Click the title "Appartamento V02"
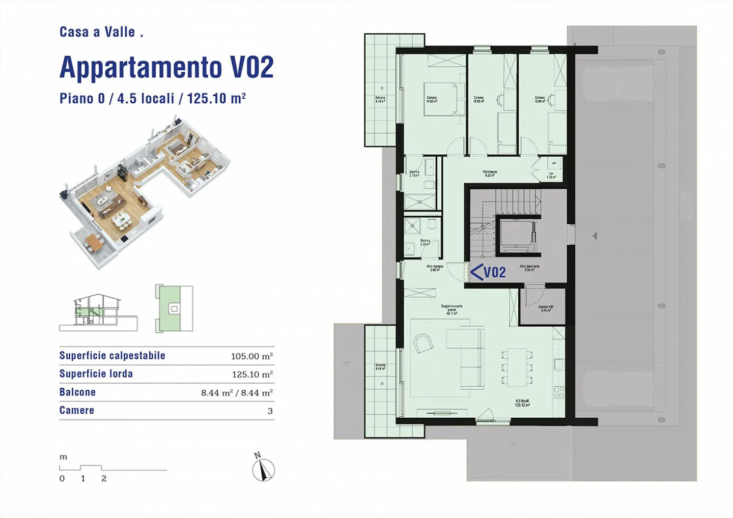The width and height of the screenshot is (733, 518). [x=166, y=67]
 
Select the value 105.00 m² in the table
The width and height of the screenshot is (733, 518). [x=251, y=356]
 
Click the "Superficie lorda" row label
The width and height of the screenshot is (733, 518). [x=96, y=374]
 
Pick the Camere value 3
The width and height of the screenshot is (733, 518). [x=270, y=411]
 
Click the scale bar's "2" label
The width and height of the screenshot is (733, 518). [x=104, y=479]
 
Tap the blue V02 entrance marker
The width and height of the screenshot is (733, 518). [x=488, y=273]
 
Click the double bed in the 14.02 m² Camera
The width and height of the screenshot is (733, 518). [x=445, y=99]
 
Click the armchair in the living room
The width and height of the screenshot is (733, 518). [x=423, y=343]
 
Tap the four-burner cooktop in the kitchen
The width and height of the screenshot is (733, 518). [x=558, y=392]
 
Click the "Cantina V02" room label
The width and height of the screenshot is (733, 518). [x=546, y=308]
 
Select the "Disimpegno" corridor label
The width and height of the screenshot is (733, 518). [x=490, y=174]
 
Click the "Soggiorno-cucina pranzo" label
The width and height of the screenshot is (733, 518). [x=452, y=309]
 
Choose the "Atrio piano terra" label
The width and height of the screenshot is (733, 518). [x=529, y=268]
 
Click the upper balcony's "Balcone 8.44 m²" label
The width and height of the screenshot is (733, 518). [x=380, y=99]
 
